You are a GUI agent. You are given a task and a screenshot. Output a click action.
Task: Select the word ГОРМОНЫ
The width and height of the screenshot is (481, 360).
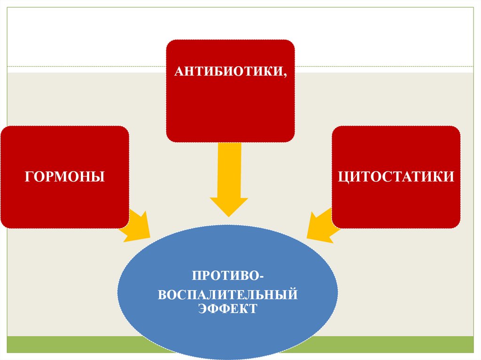(x=64, y=177)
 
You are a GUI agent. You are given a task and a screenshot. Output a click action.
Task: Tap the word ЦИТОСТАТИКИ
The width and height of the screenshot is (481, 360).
(x=396, y=177)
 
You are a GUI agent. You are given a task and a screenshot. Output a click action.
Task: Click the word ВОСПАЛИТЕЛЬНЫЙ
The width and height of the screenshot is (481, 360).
(x=228, y=296)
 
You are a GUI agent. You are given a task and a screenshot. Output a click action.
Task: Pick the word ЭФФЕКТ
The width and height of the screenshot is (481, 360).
(x=228, y=309)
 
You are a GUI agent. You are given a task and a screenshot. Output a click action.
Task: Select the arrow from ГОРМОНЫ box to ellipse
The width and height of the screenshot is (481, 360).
(x=136, y=226)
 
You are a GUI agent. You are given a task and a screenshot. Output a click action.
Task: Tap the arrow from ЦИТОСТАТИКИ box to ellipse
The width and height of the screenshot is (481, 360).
(x=322, y=227)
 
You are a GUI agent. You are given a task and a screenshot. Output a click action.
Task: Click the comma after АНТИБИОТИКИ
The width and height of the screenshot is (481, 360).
(x=284, y=75)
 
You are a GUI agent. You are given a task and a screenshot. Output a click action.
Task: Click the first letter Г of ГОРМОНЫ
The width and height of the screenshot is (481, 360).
(x=28, y=177)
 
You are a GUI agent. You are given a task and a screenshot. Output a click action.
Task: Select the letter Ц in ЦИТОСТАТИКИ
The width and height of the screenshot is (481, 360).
(x=342, y=177)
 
